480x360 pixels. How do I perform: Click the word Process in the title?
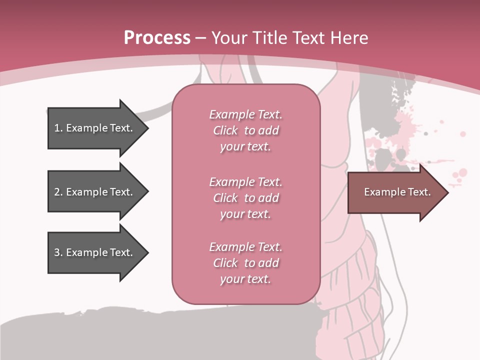(x=157, y=38)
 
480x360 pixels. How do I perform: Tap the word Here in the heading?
(x=349, y=38)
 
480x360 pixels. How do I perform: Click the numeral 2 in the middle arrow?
(x=57, y=192)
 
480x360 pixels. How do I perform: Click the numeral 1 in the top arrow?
(x=57, y=128)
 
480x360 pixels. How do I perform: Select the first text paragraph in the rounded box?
(x=245, y=130)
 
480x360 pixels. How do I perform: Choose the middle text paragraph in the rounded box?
(x=245, y=197)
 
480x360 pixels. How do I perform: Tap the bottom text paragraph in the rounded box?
(x=245, y=263)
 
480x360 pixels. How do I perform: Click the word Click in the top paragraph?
(x=225, y=130)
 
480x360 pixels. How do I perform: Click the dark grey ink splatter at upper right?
(x=400, y=95)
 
